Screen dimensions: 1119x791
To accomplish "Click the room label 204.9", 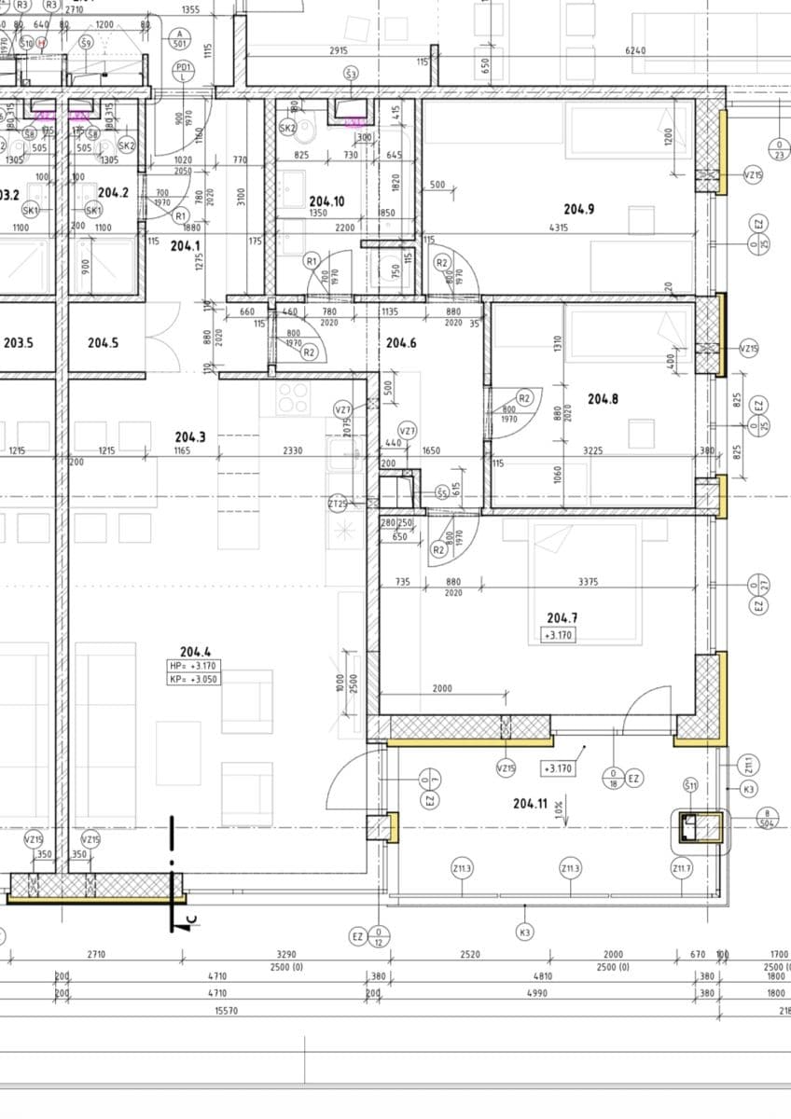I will coord(578,209).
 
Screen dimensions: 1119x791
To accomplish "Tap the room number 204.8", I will coord(603,398).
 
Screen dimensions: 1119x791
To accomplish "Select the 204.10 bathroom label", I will coord(327,200).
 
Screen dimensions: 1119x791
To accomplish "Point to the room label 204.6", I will coord(401,343).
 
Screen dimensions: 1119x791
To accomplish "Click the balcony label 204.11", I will coord(530,803).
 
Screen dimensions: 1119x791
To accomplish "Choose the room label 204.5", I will coord(103,343).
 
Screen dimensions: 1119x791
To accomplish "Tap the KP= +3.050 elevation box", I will coord(194,680).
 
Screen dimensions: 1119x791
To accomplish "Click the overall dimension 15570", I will coord(227,1010).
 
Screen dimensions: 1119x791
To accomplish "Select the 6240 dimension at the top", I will coord(635,50).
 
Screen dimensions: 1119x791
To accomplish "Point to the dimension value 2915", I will coord(340,50).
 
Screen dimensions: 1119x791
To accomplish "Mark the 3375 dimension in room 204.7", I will coord(588,581).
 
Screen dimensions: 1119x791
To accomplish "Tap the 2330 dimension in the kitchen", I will coord(292,450).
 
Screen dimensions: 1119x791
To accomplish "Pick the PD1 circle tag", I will coord(184,69).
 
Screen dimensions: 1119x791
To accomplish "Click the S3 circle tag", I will coord(351,73).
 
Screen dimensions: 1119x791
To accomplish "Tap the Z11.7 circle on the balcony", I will coord(682,868).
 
